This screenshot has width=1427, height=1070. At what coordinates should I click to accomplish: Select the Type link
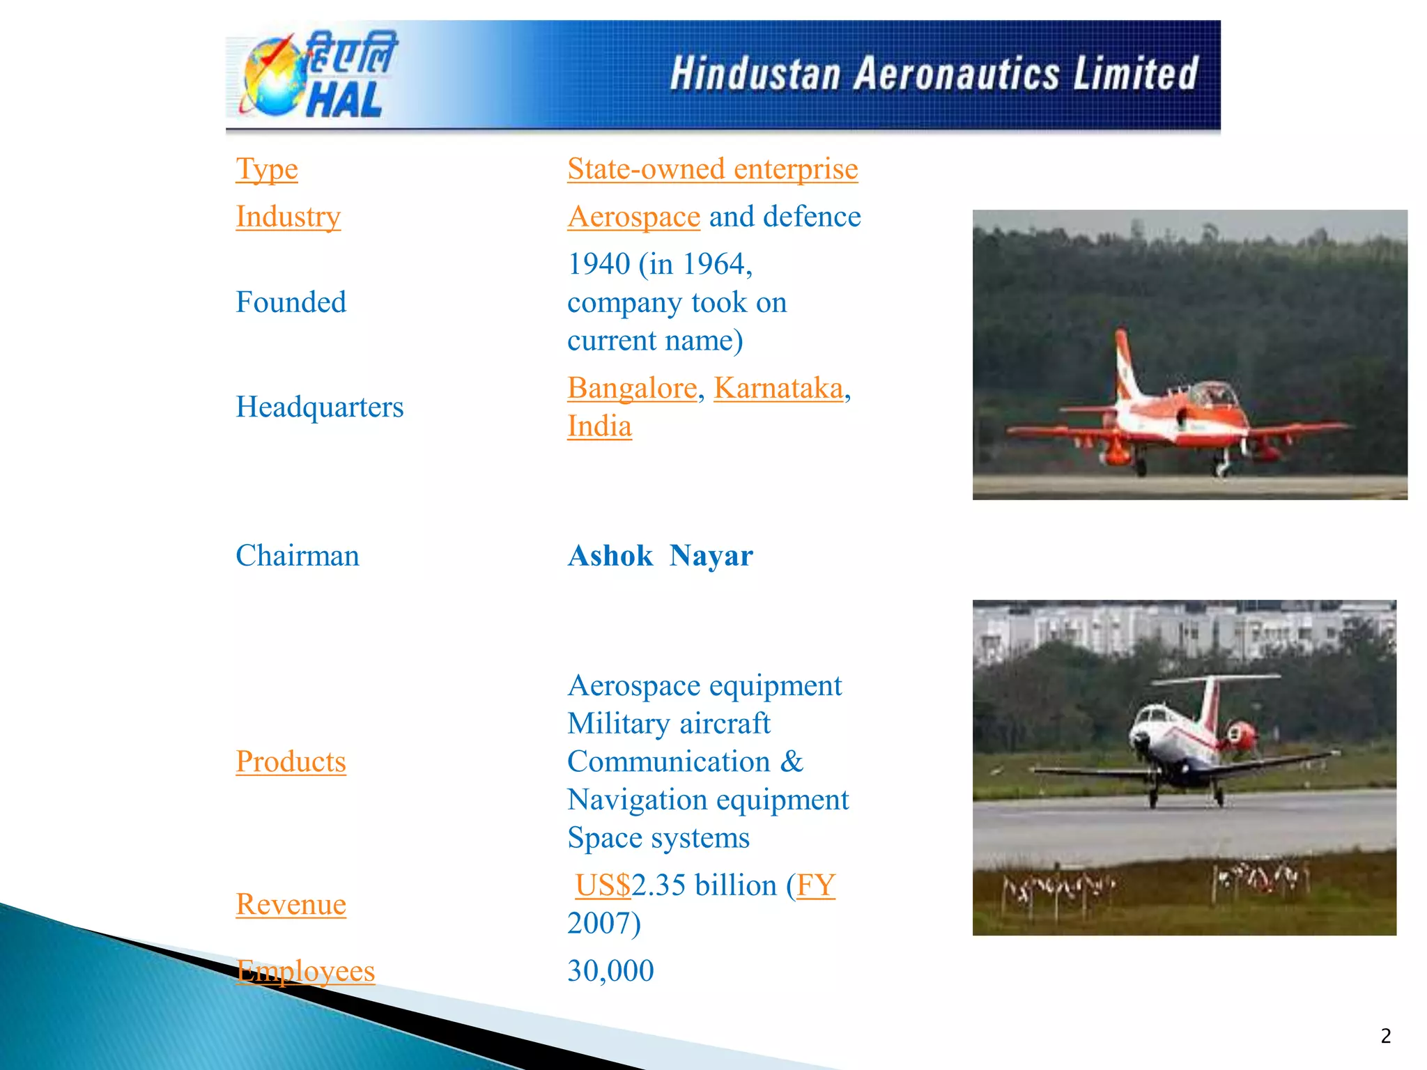tap(267, 169)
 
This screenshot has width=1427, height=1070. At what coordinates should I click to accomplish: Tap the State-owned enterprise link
tap(712, 169)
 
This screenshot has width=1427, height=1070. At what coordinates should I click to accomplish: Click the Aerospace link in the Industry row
tap(633, 217)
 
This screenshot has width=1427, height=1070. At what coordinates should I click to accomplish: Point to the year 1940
tap(599, 264)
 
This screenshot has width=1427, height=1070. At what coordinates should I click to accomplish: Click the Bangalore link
tap(632, 388)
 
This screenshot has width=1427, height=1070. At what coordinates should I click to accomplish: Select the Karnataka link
tap(778, 388)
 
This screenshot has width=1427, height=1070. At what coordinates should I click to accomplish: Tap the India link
tap(599, 426)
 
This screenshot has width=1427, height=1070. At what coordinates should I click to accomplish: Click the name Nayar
tap(711, 556)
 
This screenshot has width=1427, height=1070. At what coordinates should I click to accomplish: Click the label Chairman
tap(298, 556)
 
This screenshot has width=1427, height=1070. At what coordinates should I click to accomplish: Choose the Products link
tap(291, 761)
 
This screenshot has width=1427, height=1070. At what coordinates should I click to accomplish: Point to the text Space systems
tap(658, 837)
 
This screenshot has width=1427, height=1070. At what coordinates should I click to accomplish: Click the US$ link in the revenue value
tap(603, 885)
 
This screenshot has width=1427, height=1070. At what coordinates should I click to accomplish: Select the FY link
tap(815, 885)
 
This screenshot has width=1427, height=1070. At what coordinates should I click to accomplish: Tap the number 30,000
tap(610, 971)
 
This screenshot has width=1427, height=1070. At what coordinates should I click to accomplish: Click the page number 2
tap(1385, 1036)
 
